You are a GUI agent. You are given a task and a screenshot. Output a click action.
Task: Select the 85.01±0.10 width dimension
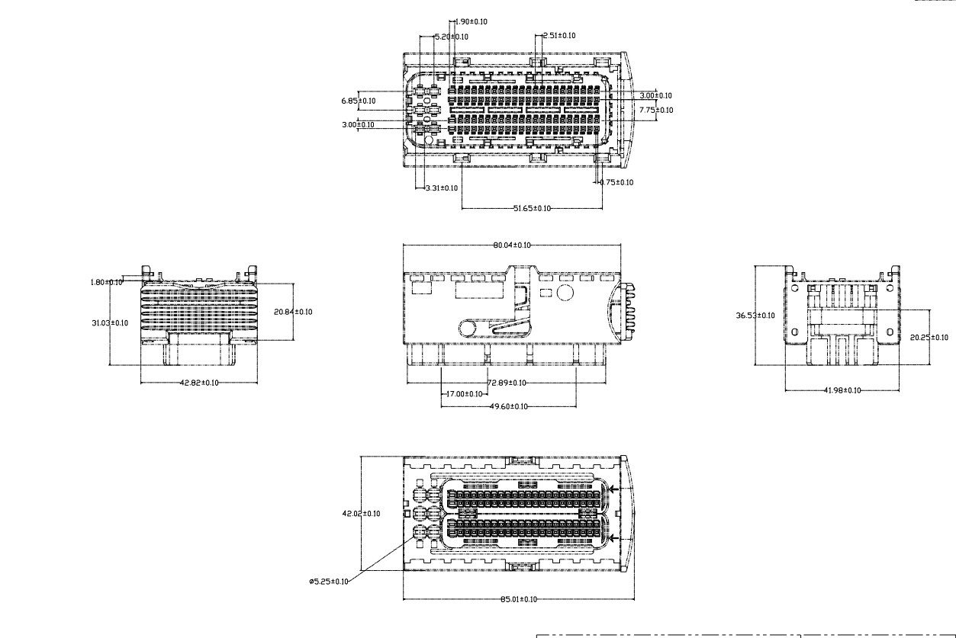point(515,599)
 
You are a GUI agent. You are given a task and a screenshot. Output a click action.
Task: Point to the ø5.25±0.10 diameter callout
point(329,582)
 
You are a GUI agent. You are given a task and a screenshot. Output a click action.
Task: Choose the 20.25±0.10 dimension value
point(929,337)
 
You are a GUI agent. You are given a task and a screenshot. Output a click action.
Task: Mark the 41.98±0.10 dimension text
point(842,390)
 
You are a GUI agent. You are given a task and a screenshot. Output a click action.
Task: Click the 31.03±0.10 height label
point(111,322)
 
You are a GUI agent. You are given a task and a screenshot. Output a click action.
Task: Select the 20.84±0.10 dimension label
point(293,311)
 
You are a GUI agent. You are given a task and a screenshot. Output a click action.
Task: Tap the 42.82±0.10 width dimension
point(199,383)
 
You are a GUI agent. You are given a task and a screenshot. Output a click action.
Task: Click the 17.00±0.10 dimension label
point(463,394)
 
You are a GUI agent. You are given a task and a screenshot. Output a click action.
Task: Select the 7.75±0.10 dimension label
point(655,111)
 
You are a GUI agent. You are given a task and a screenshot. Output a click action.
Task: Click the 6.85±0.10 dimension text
point(358,100)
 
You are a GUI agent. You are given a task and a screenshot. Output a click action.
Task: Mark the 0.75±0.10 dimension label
point(616,182)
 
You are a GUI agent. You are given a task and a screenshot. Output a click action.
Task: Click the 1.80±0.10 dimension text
point(106,282)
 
